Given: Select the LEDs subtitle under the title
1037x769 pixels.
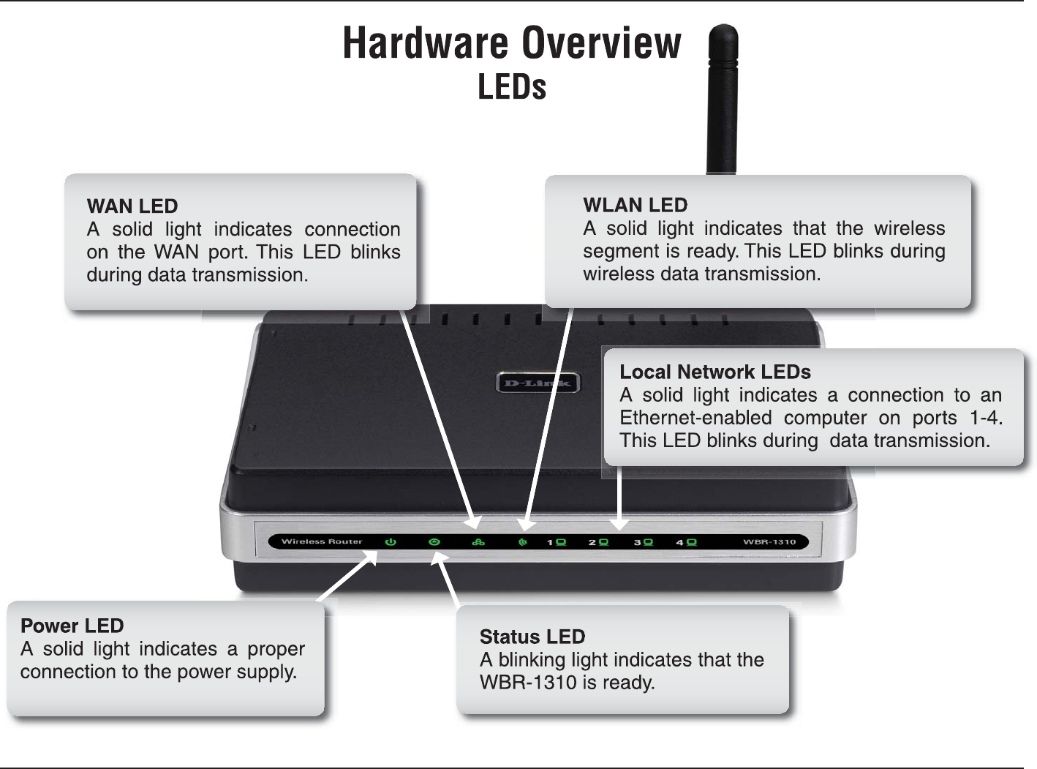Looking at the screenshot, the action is coord(512,87).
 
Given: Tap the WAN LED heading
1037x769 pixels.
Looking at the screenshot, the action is coord(132,206).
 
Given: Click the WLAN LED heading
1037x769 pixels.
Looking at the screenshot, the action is coord(635,205).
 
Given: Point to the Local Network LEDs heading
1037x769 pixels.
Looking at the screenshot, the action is coord(714,372).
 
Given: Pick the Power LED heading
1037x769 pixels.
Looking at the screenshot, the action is coord(72,626).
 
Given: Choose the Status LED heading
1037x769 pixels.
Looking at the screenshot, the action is coord(532,637).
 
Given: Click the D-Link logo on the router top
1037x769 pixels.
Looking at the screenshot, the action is coord(538,383).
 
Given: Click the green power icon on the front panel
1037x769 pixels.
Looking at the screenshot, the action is coord(391,542).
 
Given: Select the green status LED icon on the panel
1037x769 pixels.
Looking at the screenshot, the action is coord(434,542).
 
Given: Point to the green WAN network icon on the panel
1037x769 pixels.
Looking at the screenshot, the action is coord(478,542).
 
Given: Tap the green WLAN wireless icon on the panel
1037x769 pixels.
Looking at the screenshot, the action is coord(522,542).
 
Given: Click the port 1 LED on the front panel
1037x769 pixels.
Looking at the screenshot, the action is coord(561,542).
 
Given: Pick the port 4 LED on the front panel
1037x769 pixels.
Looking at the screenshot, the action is coord(691,542).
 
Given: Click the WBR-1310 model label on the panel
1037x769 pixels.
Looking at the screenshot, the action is coord(769,542).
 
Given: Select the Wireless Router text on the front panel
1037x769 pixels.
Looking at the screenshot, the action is coord(322,541).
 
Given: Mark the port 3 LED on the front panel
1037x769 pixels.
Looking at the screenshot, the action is coord(648,542).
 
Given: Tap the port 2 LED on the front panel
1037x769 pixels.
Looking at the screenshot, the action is coord(603,542).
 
